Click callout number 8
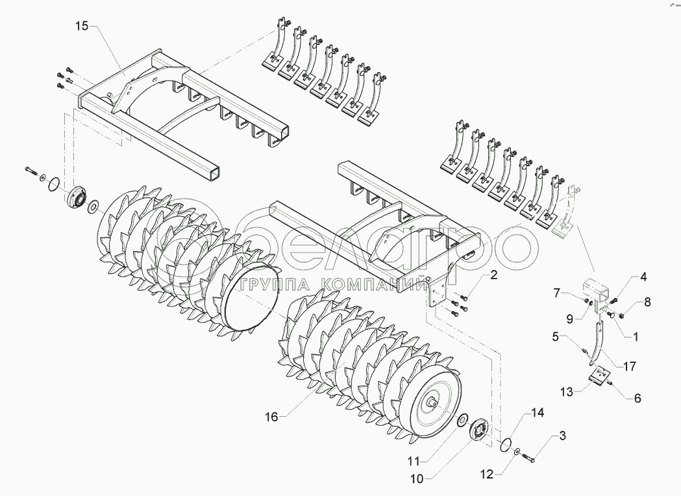coord(647,302)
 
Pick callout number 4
coord(643,277)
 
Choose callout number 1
coord(636,337)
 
